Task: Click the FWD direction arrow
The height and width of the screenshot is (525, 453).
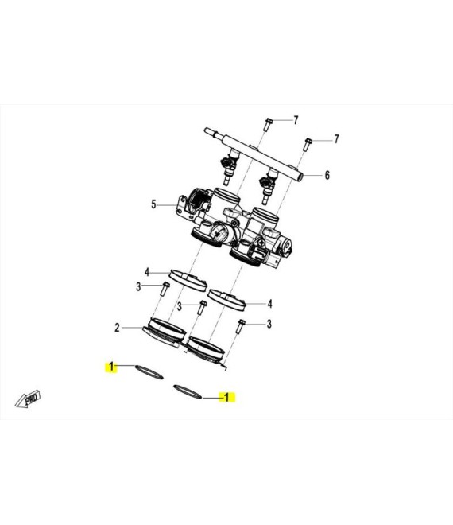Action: [28, 399]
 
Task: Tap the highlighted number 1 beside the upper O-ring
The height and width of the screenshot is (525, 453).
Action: [111, 367]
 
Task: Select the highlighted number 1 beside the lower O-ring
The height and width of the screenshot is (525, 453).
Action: [226, 397]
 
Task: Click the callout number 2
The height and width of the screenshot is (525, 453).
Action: [117, 328]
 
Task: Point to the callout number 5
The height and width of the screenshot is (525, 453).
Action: [153, 204]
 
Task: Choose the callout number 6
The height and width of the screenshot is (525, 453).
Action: [327, 175]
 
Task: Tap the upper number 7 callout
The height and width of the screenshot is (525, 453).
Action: [296, 120]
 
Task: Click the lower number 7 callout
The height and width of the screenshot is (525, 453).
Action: [337, 138]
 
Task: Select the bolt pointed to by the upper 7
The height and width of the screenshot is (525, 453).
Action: [268, 124]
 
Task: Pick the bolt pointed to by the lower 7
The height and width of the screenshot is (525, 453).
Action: [308, 144]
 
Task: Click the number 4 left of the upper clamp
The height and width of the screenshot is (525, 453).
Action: [146, 272]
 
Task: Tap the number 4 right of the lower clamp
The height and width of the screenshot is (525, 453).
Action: [269, 304]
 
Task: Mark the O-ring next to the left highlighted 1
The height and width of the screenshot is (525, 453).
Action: [149, 372]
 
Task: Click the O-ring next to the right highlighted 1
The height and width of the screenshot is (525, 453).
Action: [188, 391]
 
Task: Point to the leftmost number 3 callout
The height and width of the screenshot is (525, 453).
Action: [138, 287]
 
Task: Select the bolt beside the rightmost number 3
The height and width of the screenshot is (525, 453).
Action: [240, 327]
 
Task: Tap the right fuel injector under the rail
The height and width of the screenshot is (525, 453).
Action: [269, 186]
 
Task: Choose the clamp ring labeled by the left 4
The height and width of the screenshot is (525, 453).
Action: [188, 280]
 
